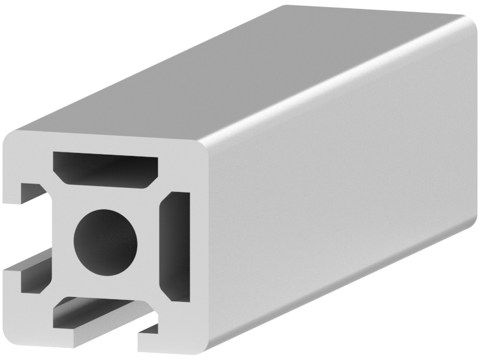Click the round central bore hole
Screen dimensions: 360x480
coord(106,239)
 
